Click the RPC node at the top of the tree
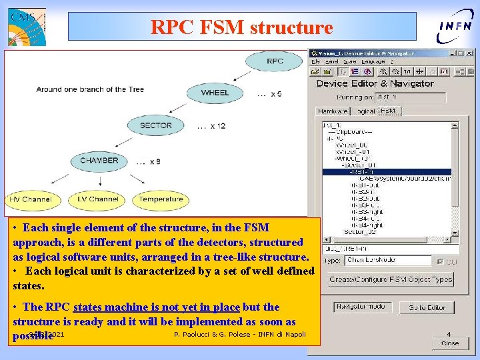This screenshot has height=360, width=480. pos(274,61)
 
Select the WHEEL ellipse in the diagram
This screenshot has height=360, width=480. pos(215,93)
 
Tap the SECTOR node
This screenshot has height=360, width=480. pos(155,125)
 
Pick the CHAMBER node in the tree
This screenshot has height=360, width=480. pos(99,161)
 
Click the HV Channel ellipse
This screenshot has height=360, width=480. pos(30,199)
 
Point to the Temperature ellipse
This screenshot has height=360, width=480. pos(161,199)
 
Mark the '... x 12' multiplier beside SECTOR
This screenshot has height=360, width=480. pos(211,126)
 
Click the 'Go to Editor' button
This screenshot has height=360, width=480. pos(427,307)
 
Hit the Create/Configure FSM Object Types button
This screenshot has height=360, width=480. pos(391,279)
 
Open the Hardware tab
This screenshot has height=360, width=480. pos(332,111)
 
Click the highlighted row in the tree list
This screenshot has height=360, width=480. pos(387,171)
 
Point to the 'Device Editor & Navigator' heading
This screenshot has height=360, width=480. pos(375,83)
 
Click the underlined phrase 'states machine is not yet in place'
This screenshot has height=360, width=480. pos(156,307)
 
